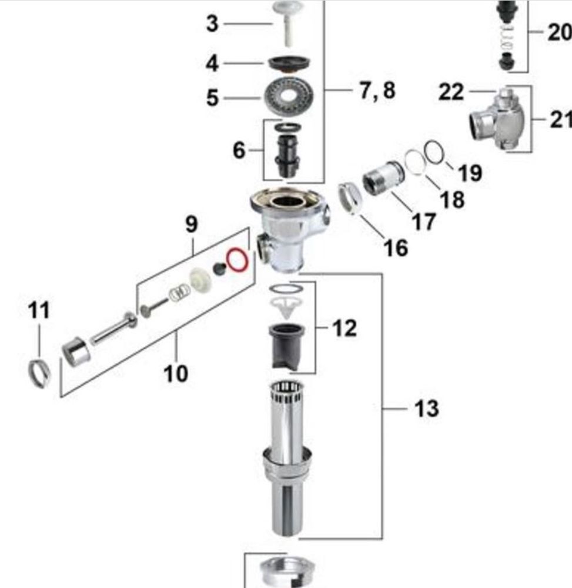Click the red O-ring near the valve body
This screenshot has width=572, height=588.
[237, 259]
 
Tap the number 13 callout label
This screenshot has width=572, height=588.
[426, 407]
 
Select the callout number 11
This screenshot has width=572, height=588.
[39, 310]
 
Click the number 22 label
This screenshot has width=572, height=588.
[451, 92]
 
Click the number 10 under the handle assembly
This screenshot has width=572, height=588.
[176, 373]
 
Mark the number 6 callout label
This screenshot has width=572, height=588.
[239, 150]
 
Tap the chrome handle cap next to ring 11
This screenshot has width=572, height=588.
[76, 352]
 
